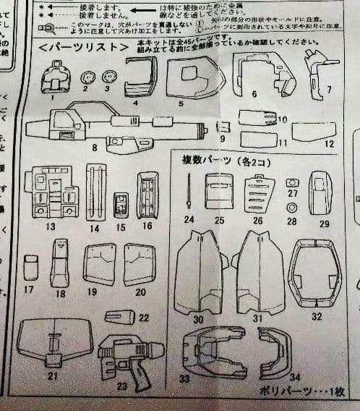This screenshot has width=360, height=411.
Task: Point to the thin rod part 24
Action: (189, 193)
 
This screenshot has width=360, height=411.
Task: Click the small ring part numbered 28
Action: (293, 208)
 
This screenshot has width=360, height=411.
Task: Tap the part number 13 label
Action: (51, 226)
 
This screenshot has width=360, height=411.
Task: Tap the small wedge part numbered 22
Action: (120, 316)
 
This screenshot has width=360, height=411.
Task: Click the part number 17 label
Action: (29, 290)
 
